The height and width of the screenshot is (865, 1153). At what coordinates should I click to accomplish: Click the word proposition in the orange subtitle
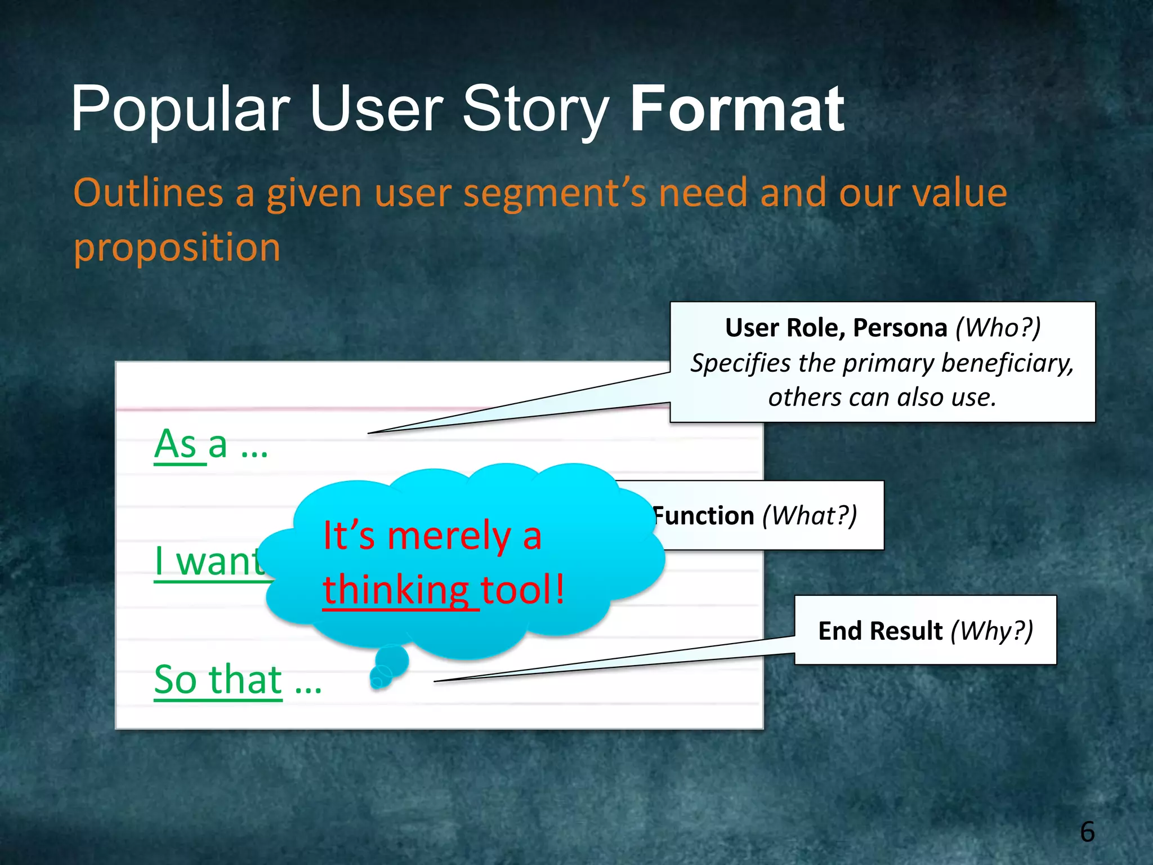(177, 248)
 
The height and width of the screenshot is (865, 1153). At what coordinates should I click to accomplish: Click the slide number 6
(1087, 832)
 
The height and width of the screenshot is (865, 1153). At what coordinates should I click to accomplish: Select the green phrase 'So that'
(218, 680)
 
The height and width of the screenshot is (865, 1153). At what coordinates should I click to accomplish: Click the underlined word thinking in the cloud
(396, 590)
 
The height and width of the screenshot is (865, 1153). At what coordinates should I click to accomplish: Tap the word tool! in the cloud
(523, 590)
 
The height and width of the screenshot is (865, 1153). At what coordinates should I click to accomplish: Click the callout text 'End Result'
(880, 631)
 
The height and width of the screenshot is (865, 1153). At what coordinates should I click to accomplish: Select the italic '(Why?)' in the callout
(992, 631)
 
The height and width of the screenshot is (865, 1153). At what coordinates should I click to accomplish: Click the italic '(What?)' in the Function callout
(810, 516)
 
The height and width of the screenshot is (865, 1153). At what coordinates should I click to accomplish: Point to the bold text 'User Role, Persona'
(836, 328)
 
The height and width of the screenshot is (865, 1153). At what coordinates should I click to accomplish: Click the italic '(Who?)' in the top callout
(998, 328)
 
